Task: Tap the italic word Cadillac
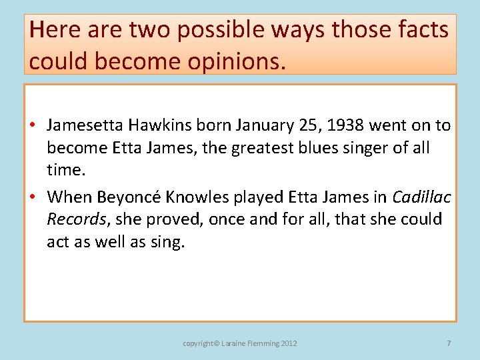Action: click(x=421, y=197)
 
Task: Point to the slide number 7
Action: click(x=449, y=343)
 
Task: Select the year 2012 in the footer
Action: click(x=289, y=343)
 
